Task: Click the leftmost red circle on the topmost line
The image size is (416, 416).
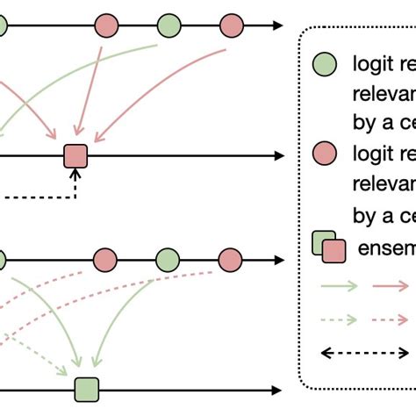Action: point(107,25)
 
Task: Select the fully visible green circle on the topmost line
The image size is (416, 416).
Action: point(169,25)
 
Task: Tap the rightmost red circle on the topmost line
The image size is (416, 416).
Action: point(231,25)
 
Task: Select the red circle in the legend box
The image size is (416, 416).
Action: point(326,155)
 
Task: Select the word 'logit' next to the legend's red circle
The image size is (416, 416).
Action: point(372,155)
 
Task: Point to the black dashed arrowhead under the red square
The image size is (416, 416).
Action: point(75,173)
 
